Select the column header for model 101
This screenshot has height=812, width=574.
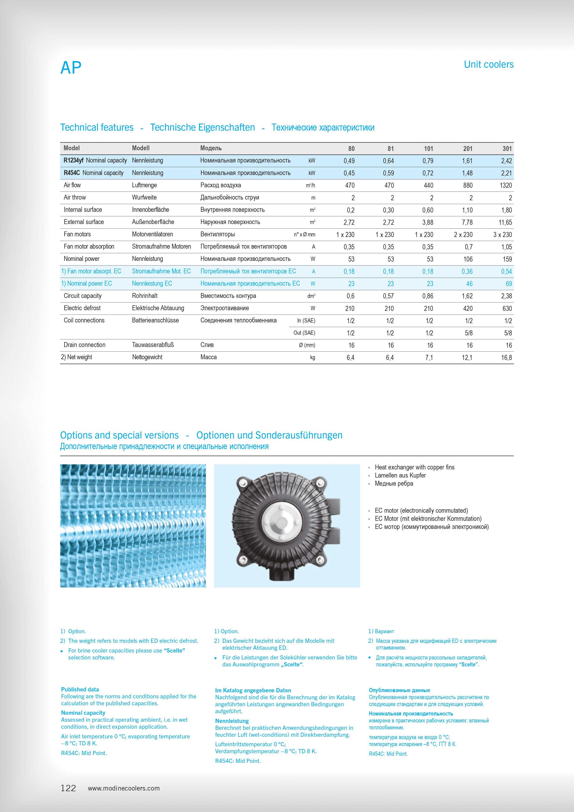coord(428,149)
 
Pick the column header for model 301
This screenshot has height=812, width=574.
coord(507,149)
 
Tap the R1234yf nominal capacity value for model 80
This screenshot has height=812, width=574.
coord(349,161)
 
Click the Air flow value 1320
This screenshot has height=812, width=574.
coord(506,185)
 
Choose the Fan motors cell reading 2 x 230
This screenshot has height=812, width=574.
coord(463,234)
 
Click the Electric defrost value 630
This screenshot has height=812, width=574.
coord(507,308)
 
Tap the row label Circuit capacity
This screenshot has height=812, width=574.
coord(82,296)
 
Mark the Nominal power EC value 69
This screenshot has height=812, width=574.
coord(509,284)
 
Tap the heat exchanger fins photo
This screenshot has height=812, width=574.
coord(133,525)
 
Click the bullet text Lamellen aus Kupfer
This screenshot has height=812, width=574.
coord(400,475)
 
